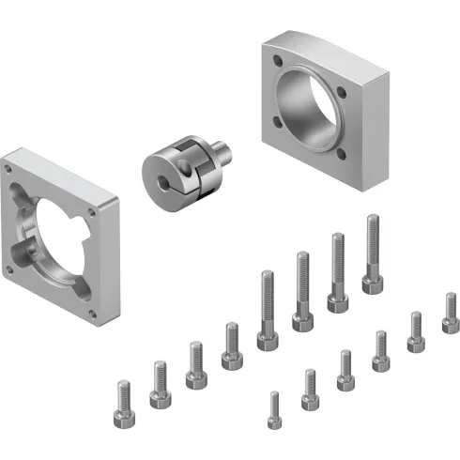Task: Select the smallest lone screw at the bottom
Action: pos(274,411)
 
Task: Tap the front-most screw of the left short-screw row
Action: pos(122,404)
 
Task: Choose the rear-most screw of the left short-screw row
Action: pos(231,345)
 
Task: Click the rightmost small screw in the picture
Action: pos(451,313)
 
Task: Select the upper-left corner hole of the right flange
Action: pos(277,64)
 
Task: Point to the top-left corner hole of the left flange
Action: pos(9,170)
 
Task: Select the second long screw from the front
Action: pos(302,291)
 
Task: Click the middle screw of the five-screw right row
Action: pos(380,350)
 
